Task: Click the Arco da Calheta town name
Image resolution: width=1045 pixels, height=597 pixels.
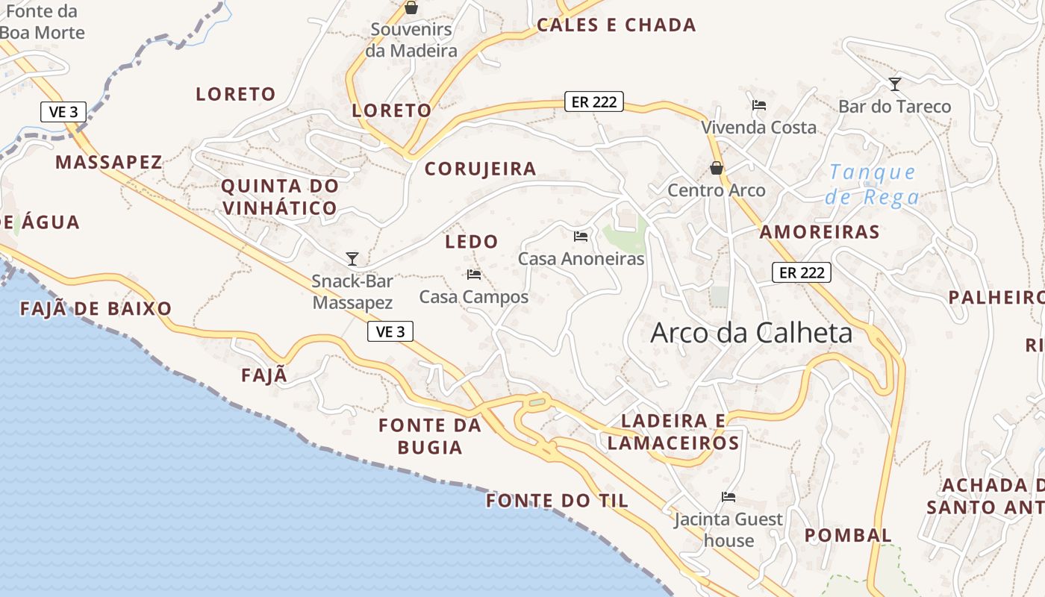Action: [751, 333]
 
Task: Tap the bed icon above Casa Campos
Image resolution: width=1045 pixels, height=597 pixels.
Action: [474, 275]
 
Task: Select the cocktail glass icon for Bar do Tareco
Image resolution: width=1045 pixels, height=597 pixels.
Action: [895, 84]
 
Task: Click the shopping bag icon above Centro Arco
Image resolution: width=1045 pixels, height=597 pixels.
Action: [717, 169]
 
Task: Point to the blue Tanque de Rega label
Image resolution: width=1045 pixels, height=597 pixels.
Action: [873, 185]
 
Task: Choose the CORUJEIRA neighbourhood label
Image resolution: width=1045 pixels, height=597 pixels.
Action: [481, 169]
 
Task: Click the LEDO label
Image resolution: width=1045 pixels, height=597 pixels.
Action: [471, 242]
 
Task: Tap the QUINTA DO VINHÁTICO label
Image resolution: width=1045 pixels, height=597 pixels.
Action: [279, 197]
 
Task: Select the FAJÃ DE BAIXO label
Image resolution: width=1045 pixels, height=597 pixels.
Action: [96, 309]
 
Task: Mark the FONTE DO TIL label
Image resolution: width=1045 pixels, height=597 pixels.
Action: [557, 501]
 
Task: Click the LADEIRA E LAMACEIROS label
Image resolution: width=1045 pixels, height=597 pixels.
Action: [673, 432]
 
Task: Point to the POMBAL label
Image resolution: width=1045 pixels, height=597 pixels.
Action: [848, 535]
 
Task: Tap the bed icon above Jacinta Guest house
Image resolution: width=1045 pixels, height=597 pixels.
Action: [729, 497]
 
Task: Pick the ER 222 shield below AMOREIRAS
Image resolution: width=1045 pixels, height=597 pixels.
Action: [802, 273]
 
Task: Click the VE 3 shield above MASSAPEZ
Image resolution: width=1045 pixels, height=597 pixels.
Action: [63, 112]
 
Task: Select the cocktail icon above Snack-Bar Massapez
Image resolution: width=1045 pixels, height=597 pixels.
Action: [352, 259]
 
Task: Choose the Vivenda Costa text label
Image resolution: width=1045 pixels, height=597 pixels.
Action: [758, 128]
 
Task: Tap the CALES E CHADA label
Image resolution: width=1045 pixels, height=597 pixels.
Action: [617, 25]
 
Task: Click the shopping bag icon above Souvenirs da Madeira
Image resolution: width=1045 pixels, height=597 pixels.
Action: [411, 8]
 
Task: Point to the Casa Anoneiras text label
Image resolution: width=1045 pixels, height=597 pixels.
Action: [581, 259]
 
